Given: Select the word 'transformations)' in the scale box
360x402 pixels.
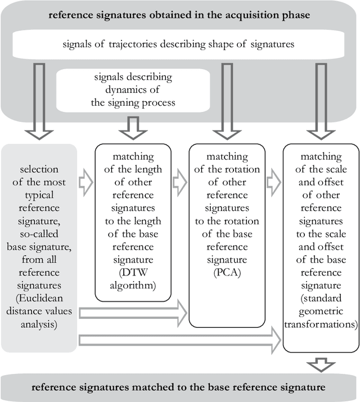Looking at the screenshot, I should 320,324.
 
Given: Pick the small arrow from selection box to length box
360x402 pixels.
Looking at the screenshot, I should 85,183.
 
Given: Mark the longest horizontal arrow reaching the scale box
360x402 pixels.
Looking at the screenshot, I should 180,339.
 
